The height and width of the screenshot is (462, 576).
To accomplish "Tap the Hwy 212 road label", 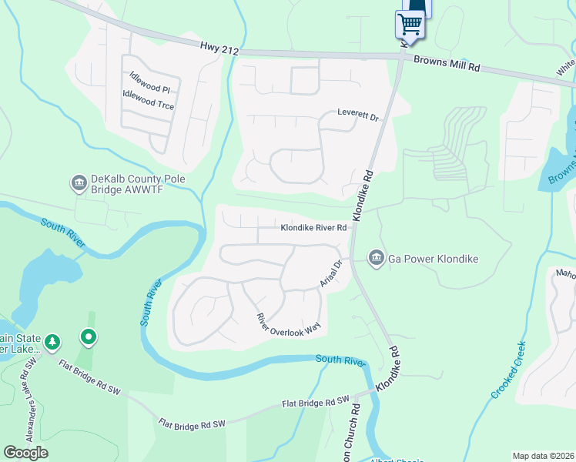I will (220, 49).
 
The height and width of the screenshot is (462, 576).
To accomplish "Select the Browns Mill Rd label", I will (447, 63).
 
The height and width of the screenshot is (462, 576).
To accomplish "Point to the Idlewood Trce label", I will (148, 99).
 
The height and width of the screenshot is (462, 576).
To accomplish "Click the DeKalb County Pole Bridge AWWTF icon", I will (79, 182).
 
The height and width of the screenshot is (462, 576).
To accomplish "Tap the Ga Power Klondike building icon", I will (376, 257).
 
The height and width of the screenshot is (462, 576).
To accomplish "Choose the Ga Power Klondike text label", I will (433, 259).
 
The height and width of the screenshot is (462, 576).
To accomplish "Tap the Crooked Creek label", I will (510, 370).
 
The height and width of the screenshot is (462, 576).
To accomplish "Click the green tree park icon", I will (52, 341).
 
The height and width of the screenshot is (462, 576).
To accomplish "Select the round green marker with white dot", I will (89, 336).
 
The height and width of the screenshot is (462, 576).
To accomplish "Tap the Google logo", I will (25, 453).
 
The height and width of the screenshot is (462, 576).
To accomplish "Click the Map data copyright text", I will (542, 456).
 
